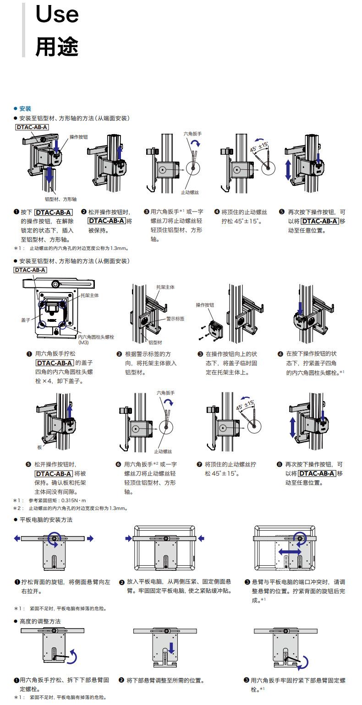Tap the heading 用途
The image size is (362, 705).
57,46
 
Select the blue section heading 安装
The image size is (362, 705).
25,108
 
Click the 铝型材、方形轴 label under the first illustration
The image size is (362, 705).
60,199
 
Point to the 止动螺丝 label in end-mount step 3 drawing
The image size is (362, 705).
190,192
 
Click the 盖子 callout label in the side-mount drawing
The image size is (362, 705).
25,320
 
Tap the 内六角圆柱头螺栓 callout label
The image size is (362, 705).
96,337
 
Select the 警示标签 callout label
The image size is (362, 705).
175,318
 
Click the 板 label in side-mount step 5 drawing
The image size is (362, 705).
39,447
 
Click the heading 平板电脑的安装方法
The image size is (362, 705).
46,520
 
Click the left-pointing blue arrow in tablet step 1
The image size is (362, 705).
17,538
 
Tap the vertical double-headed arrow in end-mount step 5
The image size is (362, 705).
288,170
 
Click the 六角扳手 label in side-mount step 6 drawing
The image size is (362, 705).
165,393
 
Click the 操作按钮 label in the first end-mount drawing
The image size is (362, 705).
78,137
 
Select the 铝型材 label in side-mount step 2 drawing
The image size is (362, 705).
155,342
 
